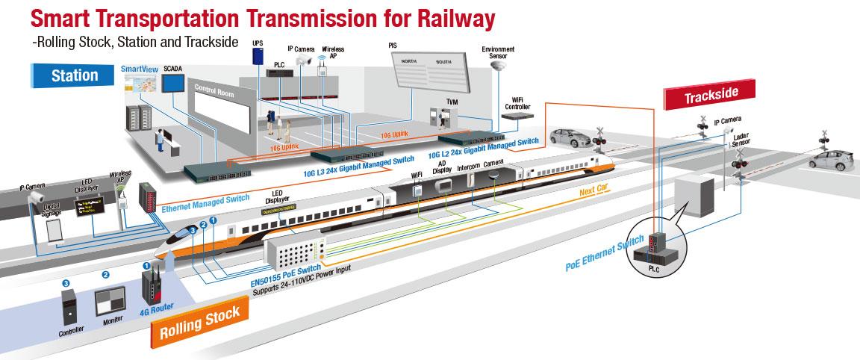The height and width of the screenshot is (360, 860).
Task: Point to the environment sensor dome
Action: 498,66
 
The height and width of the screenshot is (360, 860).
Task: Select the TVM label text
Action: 452,101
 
